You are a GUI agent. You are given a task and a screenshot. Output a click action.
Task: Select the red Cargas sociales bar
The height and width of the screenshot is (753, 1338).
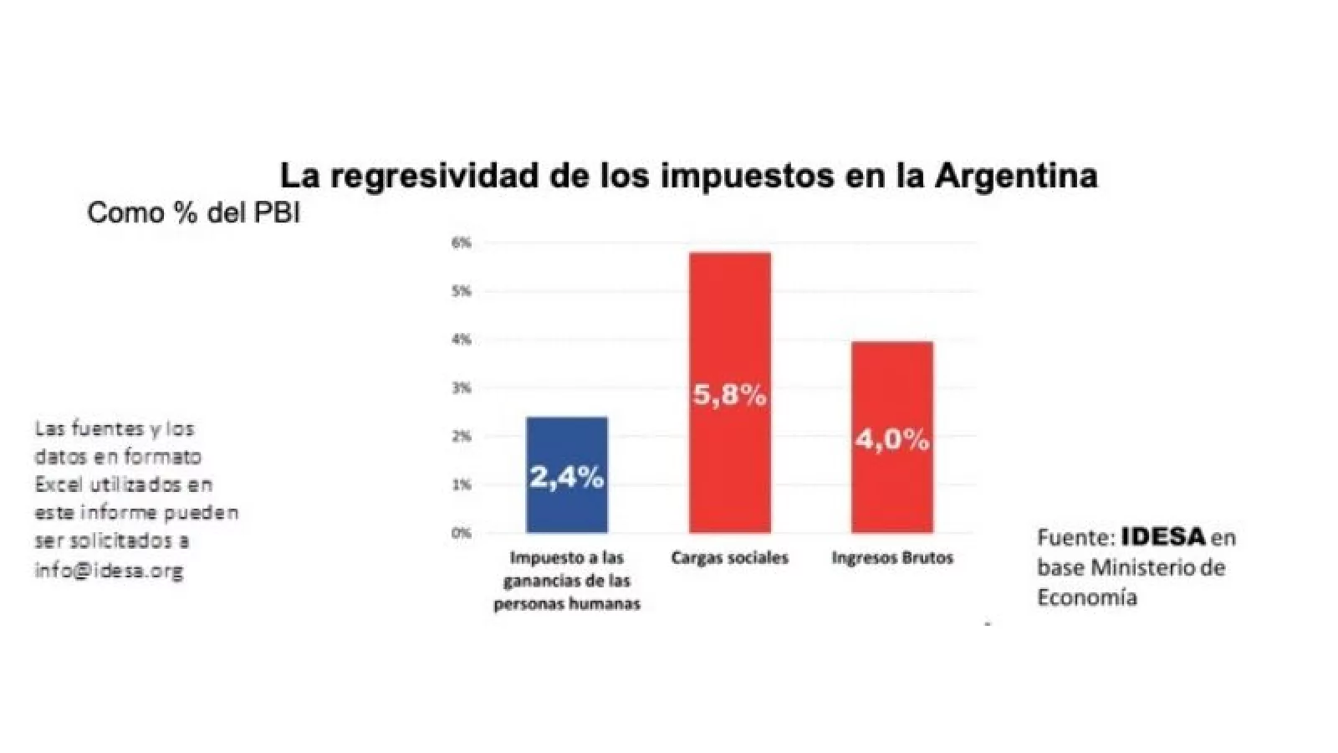(729, 335)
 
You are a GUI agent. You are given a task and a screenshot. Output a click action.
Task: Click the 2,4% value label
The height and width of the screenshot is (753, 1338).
(567, 478)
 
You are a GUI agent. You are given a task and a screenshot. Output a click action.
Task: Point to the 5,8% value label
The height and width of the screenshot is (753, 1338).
(729, 395)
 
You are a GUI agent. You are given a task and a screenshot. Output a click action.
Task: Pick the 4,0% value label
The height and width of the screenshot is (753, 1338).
(891, 439)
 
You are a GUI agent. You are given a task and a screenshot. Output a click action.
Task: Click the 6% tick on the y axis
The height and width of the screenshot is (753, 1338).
(462, 243)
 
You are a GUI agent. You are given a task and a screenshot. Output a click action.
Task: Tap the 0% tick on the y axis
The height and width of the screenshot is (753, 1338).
(462, 533)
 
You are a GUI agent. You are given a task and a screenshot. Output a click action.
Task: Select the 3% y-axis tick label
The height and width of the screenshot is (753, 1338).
(462, 388)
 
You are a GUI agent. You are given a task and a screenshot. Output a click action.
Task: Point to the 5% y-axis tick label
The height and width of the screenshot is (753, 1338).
(462, 292)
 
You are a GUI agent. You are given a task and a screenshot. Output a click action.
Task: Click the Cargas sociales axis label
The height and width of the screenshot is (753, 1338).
(729, 558)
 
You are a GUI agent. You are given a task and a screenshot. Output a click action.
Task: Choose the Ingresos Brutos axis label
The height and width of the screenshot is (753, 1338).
(892, 558)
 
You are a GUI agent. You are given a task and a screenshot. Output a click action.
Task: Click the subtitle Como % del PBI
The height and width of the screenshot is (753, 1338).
(193, 213)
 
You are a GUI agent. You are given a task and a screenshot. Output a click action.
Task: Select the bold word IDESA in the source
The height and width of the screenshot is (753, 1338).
(1163, 536)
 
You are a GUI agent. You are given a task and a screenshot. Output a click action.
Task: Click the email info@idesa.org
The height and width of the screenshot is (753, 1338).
(109, 571)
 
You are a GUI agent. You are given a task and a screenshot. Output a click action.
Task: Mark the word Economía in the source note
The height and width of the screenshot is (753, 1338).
(1087, 597)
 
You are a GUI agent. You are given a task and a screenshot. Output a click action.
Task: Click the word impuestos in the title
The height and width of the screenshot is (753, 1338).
(733, 176)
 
